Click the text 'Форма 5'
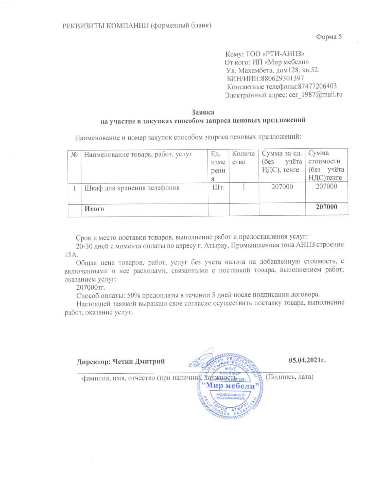point(329,37)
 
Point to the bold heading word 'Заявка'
point(203,112)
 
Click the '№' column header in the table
point(74,155)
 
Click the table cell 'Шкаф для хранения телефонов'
point(132,188)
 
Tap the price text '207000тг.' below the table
point(91,287)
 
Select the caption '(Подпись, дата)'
point(290,377)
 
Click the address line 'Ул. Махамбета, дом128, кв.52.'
point(273,70)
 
